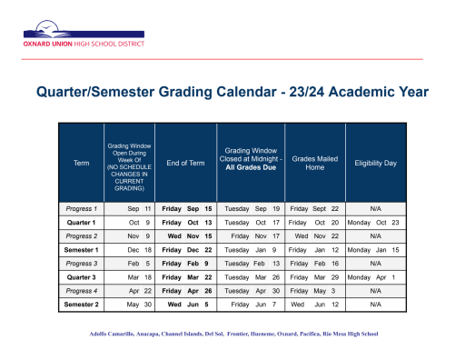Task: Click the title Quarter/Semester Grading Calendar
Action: coord(231,93)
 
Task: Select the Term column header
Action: coord(81,163)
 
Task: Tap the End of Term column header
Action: coord(185,163)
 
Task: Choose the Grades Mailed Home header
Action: coord(313,163)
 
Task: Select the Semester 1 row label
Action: coord(81,250)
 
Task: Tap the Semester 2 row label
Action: coord(81,305)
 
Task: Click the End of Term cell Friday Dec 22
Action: coord(185,250)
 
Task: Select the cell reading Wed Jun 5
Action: coord(187,305)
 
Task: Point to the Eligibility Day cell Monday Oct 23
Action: coord(373,223)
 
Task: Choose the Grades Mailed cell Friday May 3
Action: coord(313,291)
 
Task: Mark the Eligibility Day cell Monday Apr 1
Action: coord(373,277)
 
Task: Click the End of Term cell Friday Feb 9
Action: coord(185,264)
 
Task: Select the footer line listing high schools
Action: coord(232,334)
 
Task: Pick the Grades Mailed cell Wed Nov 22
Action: coord(313,236)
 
